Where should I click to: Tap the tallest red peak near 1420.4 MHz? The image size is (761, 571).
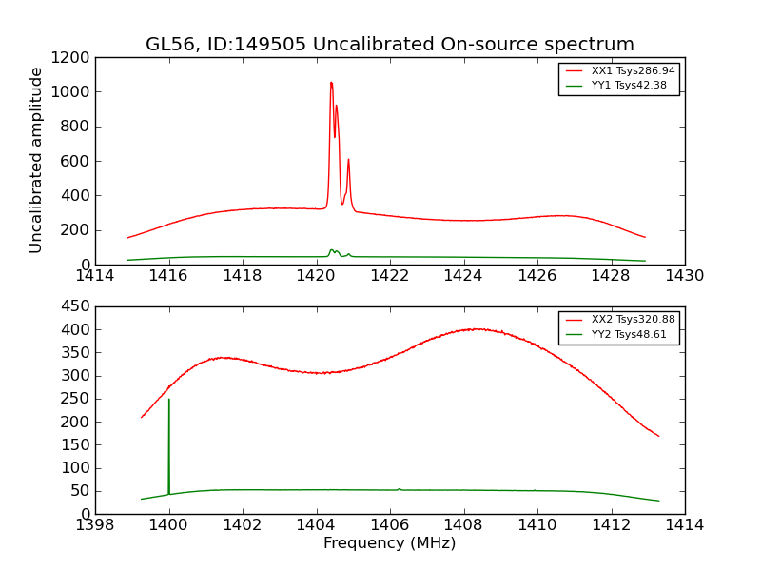[x=331, y=83]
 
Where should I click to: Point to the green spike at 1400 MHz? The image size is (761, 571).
[x=169, y=400]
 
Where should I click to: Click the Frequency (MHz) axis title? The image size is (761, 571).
[x=389, y=543]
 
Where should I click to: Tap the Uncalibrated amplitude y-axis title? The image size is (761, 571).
[x=36, y=160]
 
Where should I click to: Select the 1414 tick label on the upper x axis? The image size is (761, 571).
[x=95, y=276]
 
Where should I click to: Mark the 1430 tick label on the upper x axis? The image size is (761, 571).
[x=684, y=276]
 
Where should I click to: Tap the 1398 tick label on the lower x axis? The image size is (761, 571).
[x=95, y=525]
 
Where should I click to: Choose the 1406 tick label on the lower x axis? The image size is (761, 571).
[x=389, y=525]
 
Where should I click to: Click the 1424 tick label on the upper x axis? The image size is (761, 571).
[x=463, y=276]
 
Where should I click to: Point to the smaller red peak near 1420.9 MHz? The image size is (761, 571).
[x=348, y=160]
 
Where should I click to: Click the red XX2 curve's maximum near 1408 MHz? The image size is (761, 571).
[x=476, y=329]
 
